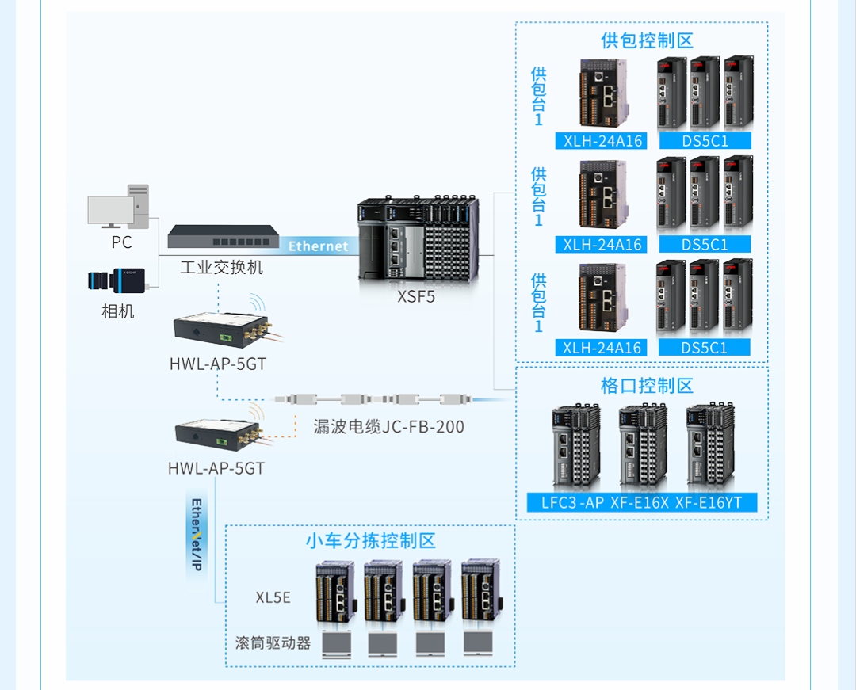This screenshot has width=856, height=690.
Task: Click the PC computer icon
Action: [119, 208]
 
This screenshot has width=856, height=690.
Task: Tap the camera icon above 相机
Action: [117, 280]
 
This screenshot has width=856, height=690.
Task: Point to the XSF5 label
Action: [416, 298]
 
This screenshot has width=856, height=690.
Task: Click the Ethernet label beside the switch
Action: [318, 246]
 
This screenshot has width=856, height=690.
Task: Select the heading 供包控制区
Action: [647, 40]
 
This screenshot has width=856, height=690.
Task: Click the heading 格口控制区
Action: [647, 386]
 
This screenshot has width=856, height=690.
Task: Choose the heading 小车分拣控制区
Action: [371, 541]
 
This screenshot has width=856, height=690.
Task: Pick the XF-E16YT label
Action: [709, 502]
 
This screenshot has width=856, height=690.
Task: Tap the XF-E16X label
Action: [640, 502]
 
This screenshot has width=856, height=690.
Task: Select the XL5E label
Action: [273, 597]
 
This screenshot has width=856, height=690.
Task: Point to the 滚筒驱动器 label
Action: [273, 642]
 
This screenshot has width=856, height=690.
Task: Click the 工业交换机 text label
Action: [221, 267]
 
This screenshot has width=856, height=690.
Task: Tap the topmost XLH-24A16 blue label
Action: [602, 142]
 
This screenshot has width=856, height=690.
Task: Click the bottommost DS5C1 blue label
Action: [705, 348]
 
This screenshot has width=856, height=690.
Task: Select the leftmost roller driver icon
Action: [337, 644]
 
